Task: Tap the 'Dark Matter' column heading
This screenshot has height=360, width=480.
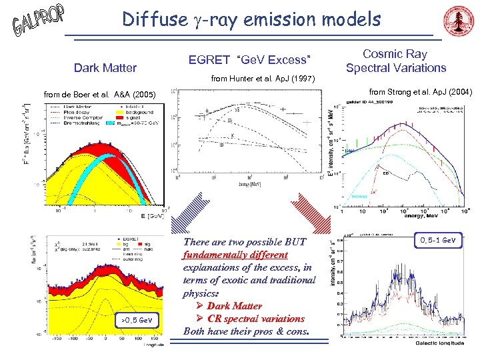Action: click(x=105, y=67)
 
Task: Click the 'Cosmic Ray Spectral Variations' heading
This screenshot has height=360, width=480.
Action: click(x=396, y=61)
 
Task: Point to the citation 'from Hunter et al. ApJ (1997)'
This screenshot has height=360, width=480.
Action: click(x=259, y=79)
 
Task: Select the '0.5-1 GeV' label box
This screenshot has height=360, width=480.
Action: click(x=437, y=239)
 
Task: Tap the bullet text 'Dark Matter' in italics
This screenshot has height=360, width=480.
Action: click(x=234, y=306)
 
